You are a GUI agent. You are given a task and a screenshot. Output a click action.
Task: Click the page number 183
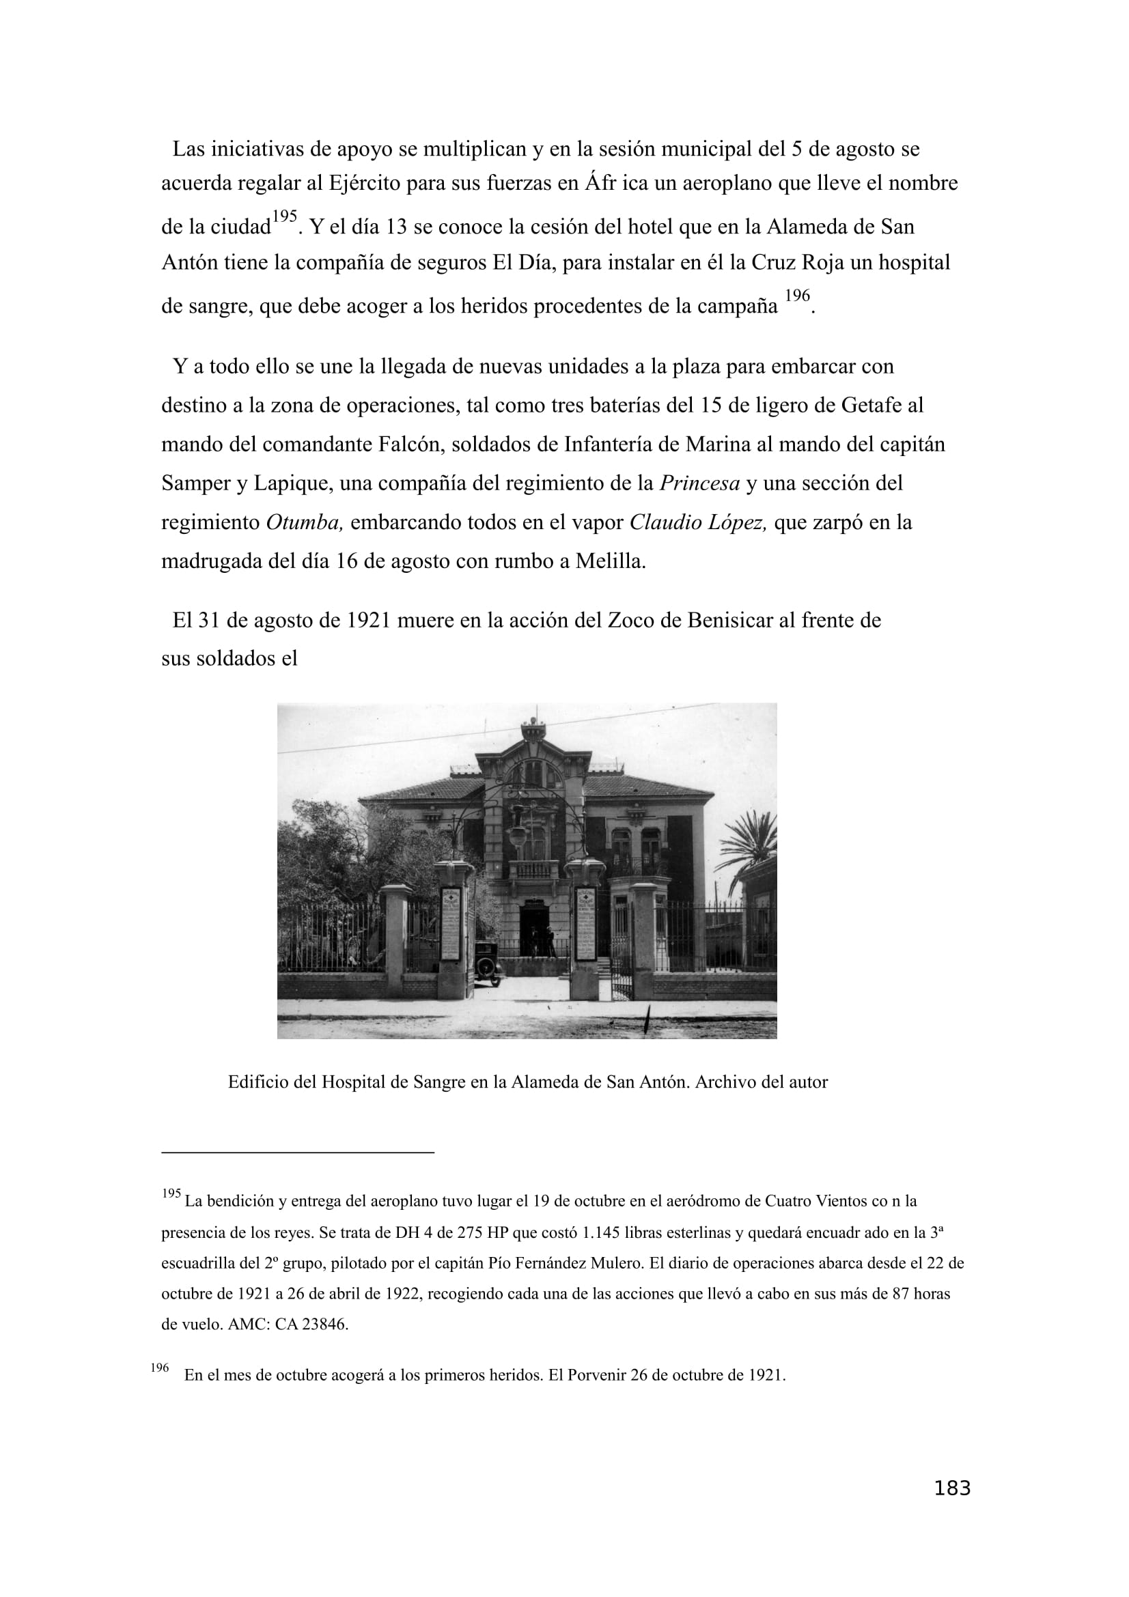tap(951, 1508)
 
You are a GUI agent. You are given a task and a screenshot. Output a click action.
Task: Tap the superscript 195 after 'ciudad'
tap(284, 216)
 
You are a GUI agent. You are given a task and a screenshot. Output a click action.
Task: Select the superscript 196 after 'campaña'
tap(796, 296)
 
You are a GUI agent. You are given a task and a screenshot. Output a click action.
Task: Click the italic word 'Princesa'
tap(699, 483)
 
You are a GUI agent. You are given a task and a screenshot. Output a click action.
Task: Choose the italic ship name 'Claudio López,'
tap(698, 522)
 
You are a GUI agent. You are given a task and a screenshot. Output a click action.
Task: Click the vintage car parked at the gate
tap(488, 963)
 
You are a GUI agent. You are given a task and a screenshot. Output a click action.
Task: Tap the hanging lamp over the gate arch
tap(517, 834)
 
